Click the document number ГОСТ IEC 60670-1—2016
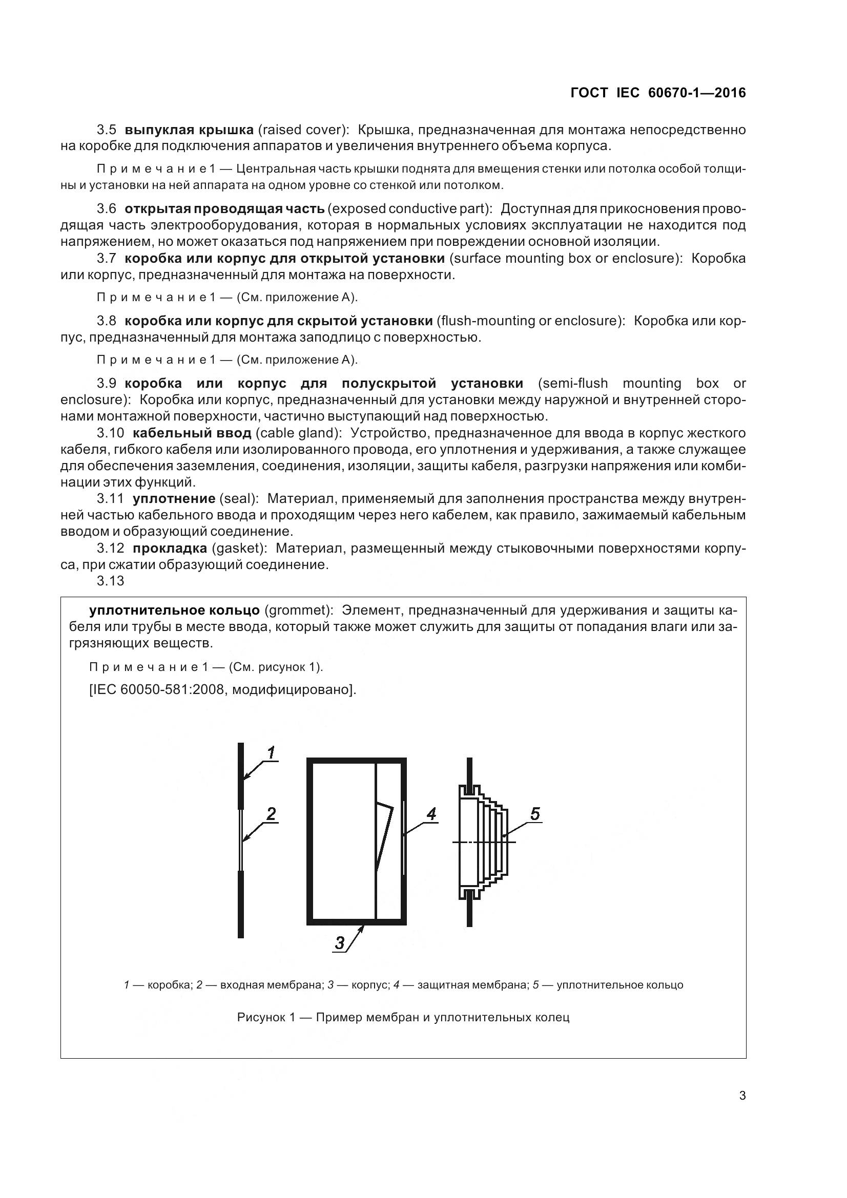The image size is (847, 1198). [658, 93]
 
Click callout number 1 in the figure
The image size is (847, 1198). [271, 753]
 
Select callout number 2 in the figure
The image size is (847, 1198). [271, 814]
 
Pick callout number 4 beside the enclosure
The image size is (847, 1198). [430, 814]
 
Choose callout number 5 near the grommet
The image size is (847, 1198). [535, 814]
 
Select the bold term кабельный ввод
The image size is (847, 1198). [192, 433]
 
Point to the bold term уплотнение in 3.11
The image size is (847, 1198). [174, 499]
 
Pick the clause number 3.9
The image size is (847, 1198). [107, 384]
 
